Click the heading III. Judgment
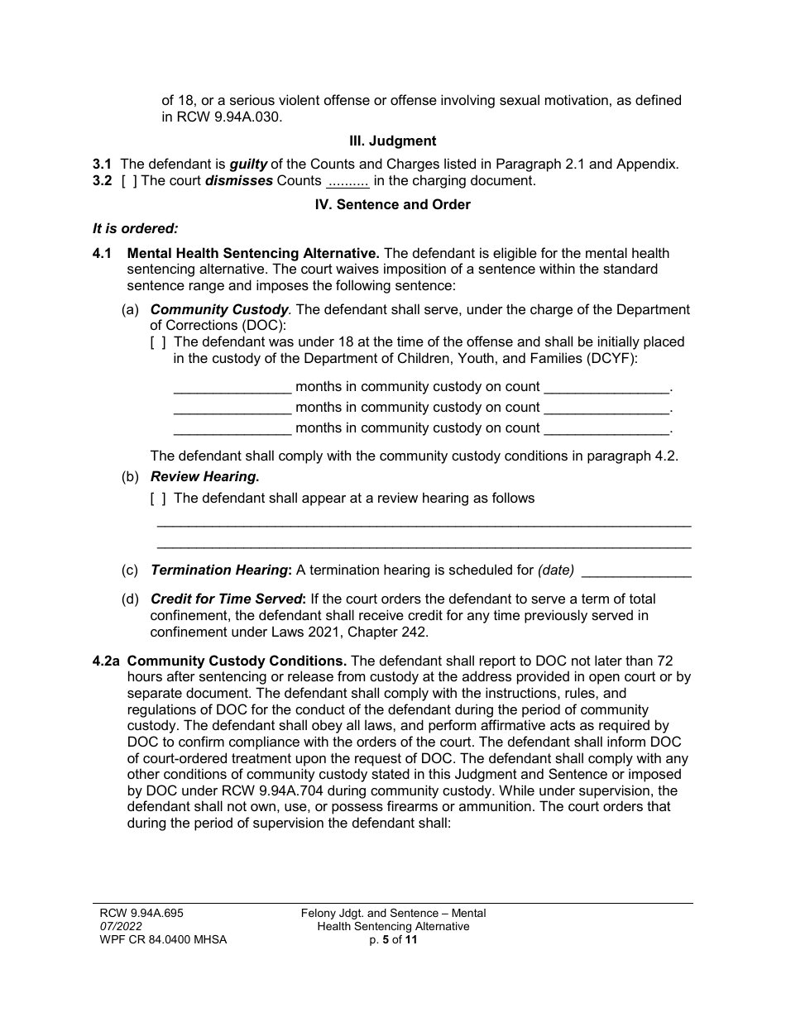(393, 141)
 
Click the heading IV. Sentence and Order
(393, 204)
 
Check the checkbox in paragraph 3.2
(129, 180)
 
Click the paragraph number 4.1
(103, 253)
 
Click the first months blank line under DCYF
(232, 387)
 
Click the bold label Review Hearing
(204, 476)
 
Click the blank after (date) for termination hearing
(637, 571)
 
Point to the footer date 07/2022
(114, 927)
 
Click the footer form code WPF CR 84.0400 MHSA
(157, 940)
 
